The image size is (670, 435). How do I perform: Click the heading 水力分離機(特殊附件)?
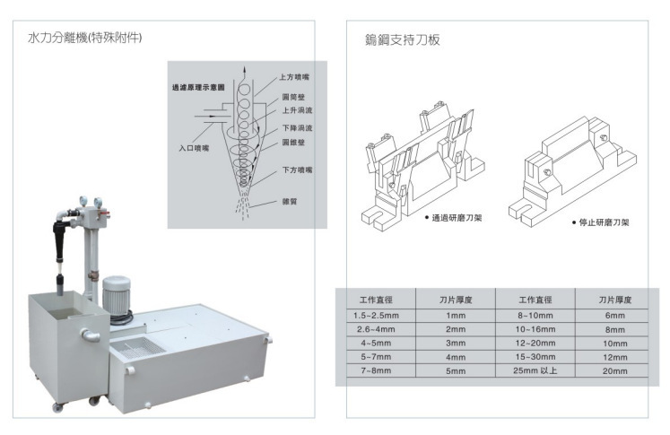[x=86, y=39]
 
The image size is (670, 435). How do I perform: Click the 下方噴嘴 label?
[x=296, y=170]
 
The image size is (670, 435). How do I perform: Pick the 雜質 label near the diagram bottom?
[x=288, y=202]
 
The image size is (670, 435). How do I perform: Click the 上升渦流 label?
[x=297, y=110]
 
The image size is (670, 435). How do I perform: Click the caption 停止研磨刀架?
[x=604, y=222]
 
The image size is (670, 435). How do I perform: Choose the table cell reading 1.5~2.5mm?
[x=375, y=316]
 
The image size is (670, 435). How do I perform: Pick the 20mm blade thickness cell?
[x=615, y=370]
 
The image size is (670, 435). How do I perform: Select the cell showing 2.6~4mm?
[x=375, y=329]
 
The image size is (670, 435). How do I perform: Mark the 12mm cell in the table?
[x=615, y=356]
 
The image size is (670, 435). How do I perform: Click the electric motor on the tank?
[x=117, y=296]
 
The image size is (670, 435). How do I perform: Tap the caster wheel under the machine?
[x=56, y=408]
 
